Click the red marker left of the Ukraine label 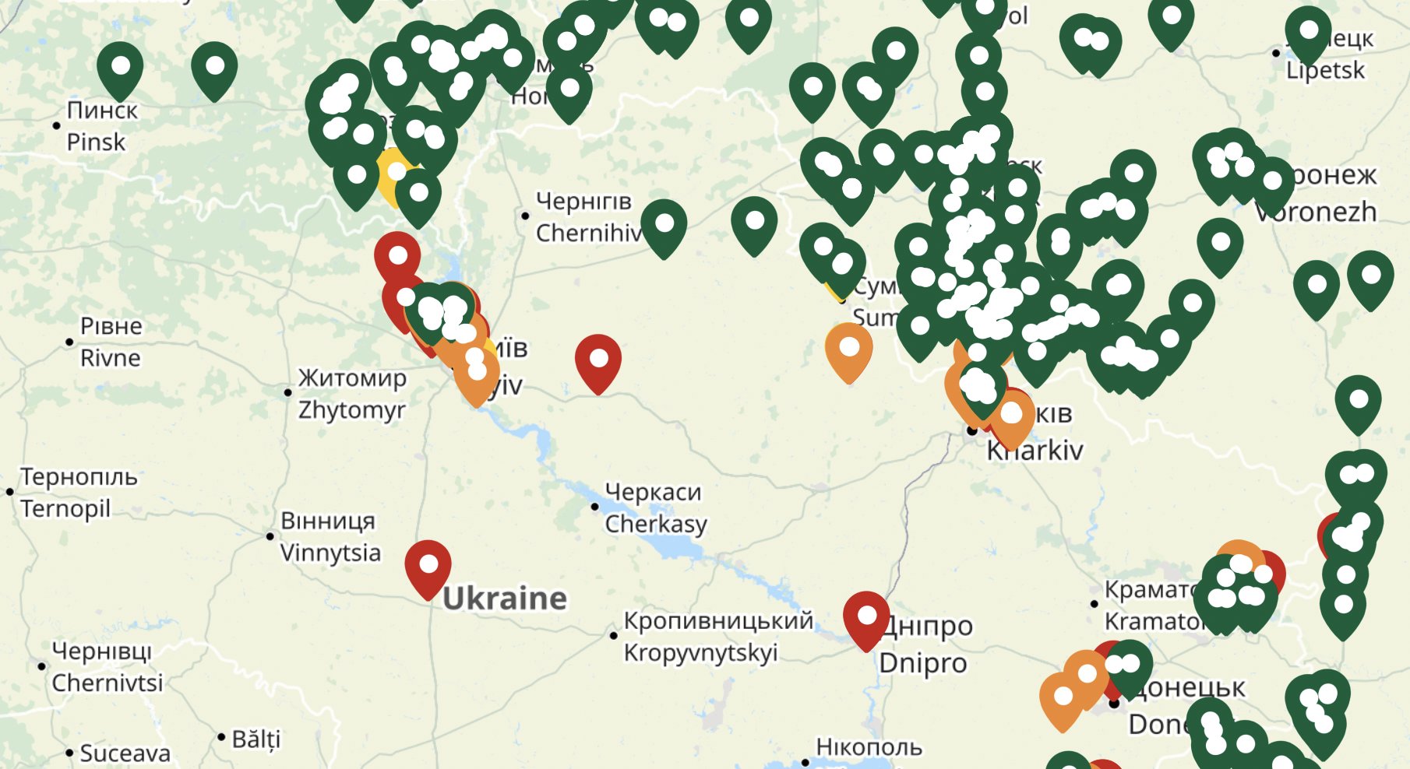[428, 566]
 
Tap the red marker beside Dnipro [866, 617]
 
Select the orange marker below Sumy [848, 349]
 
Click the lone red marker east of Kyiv [598, 360]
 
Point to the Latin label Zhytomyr [351, 409]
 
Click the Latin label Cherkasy [656, 524]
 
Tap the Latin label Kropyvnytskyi [700, 652]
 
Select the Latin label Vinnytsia [330, 553]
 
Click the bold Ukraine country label [505, 599]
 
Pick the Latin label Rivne [111, 358]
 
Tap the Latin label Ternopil [65, 508]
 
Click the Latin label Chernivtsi [108, 683]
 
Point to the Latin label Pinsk [96, 142]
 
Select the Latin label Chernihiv [589, 233]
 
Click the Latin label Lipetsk [1325, 71]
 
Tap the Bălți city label [256, 739]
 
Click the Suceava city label [125, 753]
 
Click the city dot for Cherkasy [594, 507]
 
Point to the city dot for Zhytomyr [287, 392]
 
